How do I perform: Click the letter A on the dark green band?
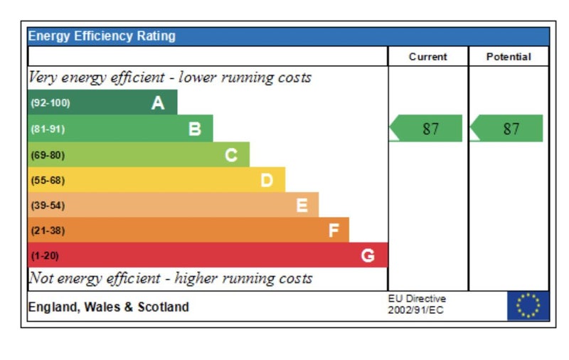(158, 103)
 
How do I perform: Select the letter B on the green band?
(194, 129)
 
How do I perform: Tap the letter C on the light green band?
(231, 154)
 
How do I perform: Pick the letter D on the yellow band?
(267, 180)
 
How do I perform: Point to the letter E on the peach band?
(302, 206)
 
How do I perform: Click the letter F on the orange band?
(334, 231)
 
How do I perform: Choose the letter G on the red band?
(368, 255)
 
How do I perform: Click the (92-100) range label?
(50, 103)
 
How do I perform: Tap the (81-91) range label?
(47, 129)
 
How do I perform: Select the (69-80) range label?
(47, 154)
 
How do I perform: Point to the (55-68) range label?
(47, 180)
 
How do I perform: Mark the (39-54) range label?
(47, 206)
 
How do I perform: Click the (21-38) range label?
(47, 231)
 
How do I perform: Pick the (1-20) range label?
(44, 255)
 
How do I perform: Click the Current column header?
(428, 57)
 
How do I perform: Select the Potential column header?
(509, 57)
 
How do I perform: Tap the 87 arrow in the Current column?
(426, 129)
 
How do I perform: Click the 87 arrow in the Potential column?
(506, 129)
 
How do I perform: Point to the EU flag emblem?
(528, 306)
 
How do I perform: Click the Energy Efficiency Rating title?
(102, 36)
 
